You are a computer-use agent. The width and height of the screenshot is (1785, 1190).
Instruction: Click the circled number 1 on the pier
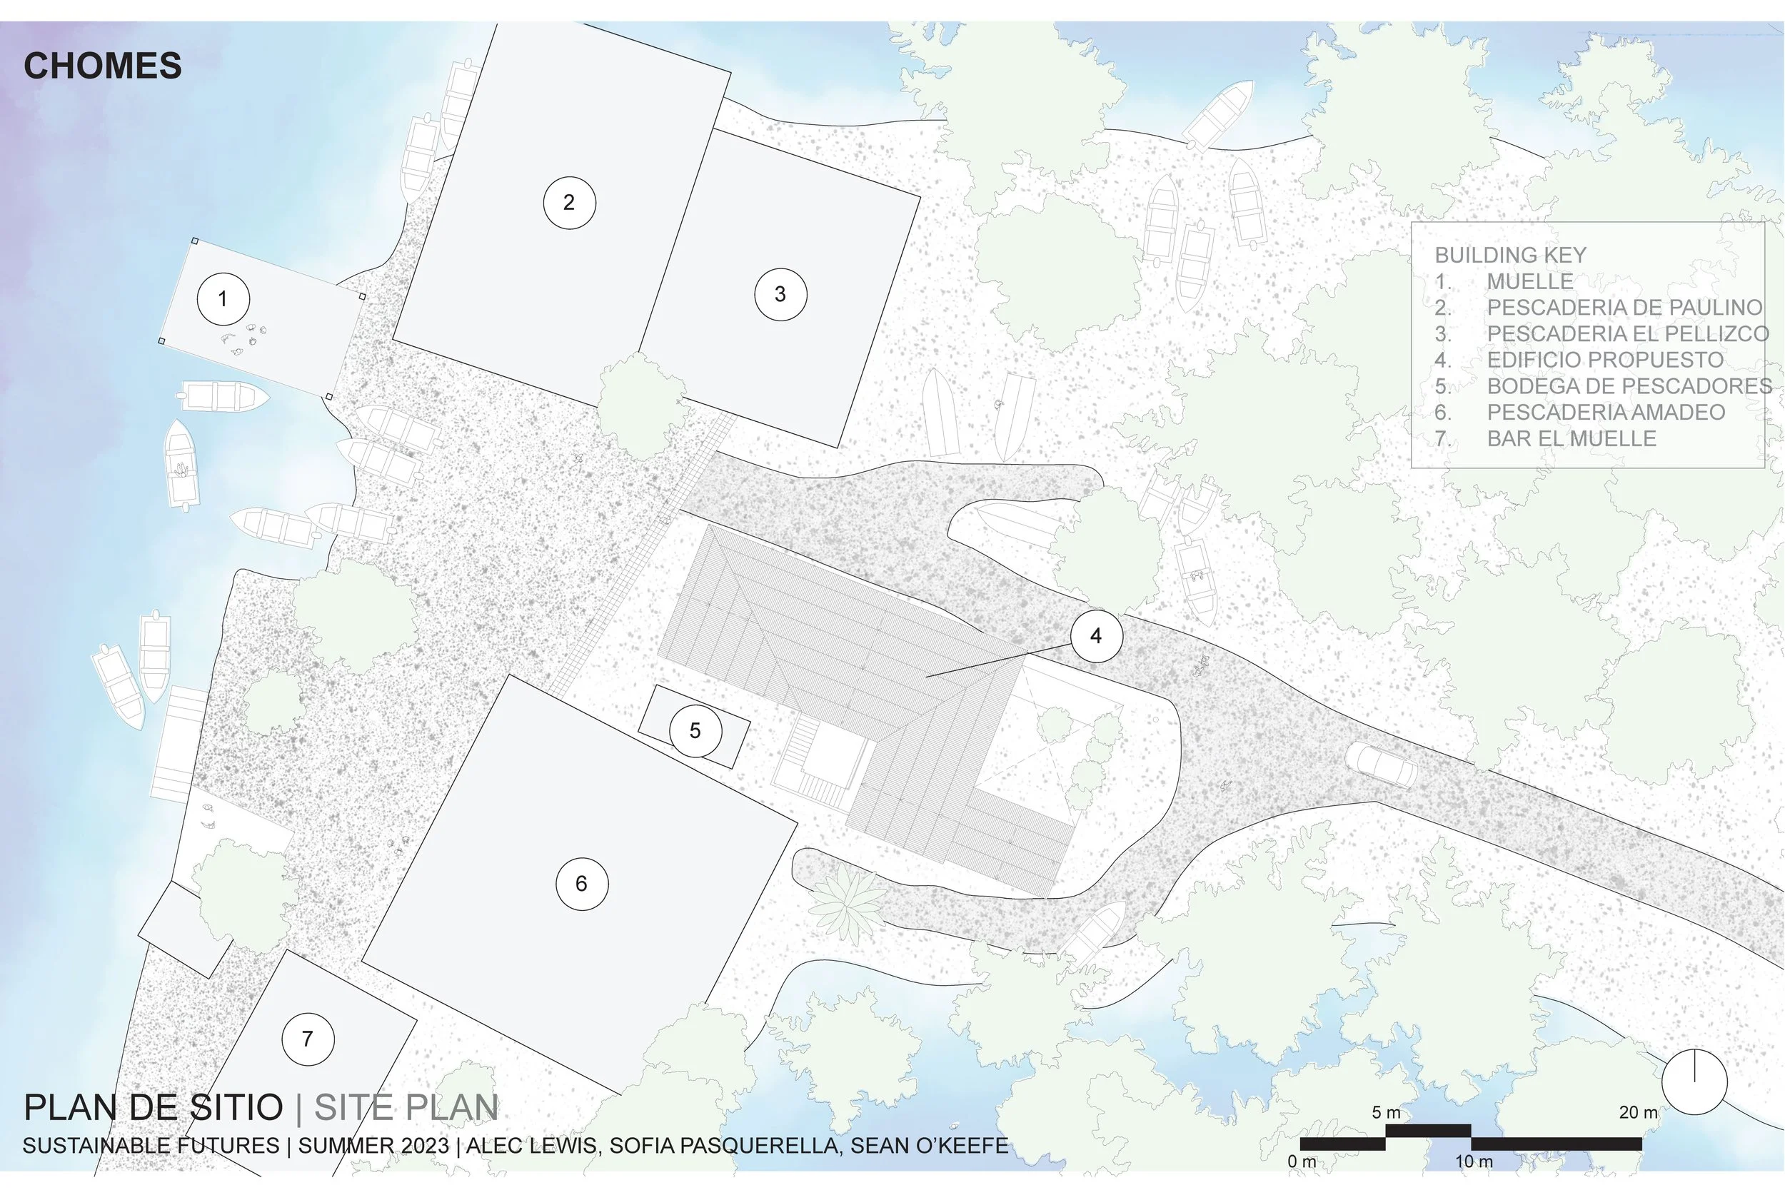tap(223, 299)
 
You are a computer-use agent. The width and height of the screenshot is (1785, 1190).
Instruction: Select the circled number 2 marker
tap(569, 203)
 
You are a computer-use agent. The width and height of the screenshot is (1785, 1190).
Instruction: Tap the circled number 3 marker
tap(780, 294)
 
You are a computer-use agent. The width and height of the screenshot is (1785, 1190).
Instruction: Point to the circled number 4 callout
tap(1096, 636)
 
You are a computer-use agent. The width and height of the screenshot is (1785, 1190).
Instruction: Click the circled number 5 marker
tap(695, 731)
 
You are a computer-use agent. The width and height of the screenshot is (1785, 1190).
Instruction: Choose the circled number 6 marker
tap(581, 883)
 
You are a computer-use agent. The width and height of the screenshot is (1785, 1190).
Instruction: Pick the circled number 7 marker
tap(307, 1039)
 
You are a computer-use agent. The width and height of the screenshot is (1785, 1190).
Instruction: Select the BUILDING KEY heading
tap(1510, 255)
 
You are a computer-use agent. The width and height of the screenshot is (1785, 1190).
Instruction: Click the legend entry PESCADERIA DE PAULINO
tap(1624, 308)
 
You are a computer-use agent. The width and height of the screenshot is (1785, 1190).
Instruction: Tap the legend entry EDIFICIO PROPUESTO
tap(1605, 360)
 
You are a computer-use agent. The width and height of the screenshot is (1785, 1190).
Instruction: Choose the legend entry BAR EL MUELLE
tap(1571, 438)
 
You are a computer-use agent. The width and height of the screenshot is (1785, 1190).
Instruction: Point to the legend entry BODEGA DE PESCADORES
tap(1629, 386)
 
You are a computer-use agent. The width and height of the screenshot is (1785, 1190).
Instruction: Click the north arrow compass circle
tap(1694, 1082)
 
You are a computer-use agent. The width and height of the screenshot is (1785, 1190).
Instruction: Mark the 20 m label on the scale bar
tap(1638, 1113)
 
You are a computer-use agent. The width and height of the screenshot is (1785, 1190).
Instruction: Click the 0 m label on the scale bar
tap(1302, 1161)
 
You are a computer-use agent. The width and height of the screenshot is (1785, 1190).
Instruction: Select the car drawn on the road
tap(1382, 767)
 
